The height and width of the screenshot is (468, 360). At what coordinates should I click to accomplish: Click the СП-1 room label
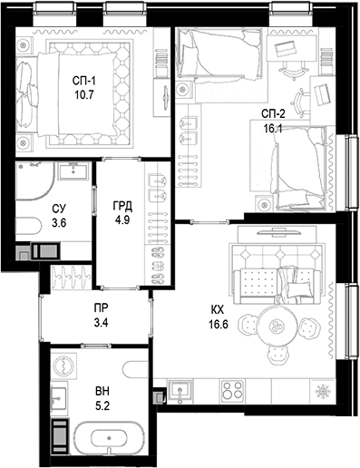(x=86, y=80)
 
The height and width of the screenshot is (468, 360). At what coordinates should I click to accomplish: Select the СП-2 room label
(x=273, y=113)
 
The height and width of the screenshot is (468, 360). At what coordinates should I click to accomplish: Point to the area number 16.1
(x=273, y=128)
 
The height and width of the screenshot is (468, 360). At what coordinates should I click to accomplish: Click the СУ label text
(x=59, y=209)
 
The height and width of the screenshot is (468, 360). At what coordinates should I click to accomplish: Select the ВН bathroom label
(x=103, y=394)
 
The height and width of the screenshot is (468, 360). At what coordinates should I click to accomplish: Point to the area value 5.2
(x=103, y=408)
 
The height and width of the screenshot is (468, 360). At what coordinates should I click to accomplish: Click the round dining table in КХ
(x=278, y=326)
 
